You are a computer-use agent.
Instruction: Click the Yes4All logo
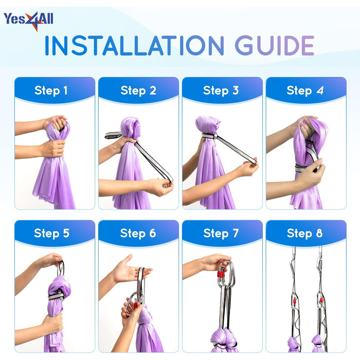[x=28, y=21]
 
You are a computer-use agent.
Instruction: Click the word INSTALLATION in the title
[x=134, y=45]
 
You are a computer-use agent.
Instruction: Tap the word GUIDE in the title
[x=275, y=45]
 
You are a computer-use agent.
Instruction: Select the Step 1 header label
[x=51, y=90]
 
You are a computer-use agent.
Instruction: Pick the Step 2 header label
[x=138, y=90]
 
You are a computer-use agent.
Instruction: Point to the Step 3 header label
[x=221, y=90]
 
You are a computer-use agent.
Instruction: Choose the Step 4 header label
[x=305, y=90]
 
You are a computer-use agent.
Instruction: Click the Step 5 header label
[x=51, y=233]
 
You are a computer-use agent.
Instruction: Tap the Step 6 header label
[x=138, y=233]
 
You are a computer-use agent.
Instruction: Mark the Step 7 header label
[x=221, y=233]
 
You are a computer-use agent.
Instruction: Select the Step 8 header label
[x=304, y=233]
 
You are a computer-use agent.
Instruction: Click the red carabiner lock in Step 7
[x=221, y=274]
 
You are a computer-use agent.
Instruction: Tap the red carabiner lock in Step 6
[x=136, y=305]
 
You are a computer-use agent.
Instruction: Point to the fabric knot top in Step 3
[x=208, y=124]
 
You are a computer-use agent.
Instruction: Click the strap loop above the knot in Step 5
[x=61, y=268]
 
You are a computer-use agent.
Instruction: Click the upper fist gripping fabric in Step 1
[x=56, y=123]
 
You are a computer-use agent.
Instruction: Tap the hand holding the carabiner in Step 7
[x=216, y=262]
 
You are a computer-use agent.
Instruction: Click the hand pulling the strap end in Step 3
[x=249, y=168]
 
